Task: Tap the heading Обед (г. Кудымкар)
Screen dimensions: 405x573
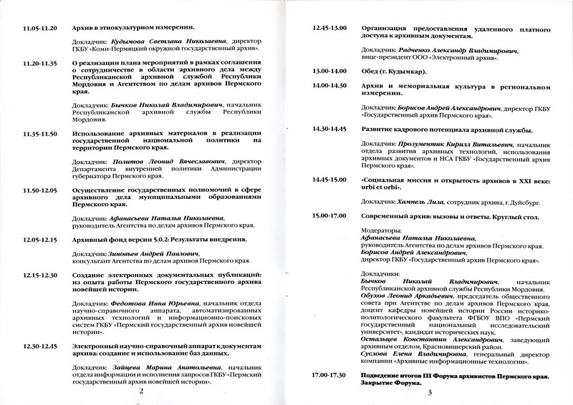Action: [395, 71]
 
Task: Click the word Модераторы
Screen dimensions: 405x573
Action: [382, 230]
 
